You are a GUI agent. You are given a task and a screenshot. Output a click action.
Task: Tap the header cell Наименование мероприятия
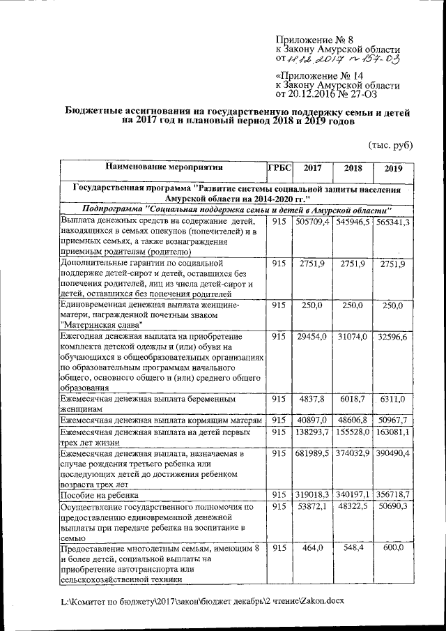pyautogui.click(x=164, y=168)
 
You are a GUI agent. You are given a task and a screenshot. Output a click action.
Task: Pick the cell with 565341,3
pyautogui.click(x=392, y=222)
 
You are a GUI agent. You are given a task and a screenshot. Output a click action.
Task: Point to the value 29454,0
pyautogui.click(x=313, y=337)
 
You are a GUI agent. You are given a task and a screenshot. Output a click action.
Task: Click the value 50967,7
pyautogui.click(x=392, y=420)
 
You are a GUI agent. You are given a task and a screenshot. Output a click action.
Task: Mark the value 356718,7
pyautogui.click(x=392, y=496)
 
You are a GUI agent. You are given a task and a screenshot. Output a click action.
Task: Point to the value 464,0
pyautogui.click(x=313, y=549)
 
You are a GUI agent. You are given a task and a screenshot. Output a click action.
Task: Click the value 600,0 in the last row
pyautogui.click(x=392, y=549)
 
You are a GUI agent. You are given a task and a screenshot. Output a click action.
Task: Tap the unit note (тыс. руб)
pyautogui.click(x=390, y=145)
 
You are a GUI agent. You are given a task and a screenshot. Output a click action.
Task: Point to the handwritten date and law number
pyautogui.click(x=343, y=60)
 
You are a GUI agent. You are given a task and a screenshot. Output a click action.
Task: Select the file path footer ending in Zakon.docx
pyautogui.click(x=202, y=600)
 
